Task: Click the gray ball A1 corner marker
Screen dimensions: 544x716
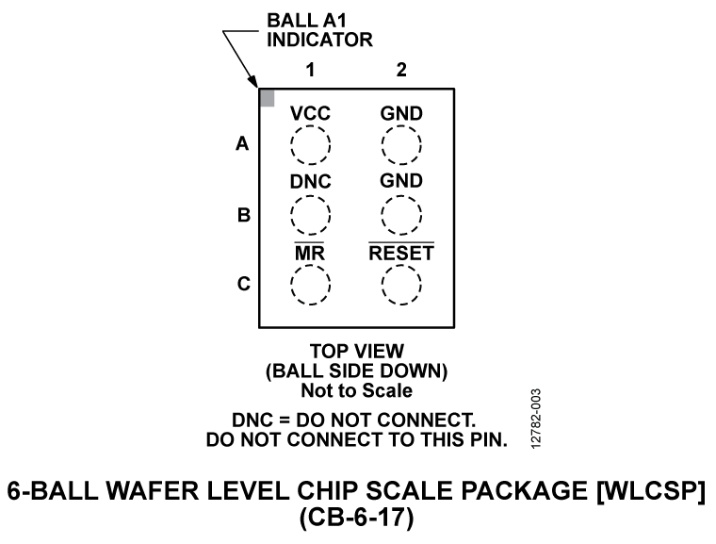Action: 268,97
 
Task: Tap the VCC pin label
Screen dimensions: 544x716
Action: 310,114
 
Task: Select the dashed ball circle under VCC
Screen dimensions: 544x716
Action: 310,146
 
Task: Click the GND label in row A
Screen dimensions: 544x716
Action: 401,114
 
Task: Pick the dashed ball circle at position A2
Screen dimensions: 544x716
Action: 401,146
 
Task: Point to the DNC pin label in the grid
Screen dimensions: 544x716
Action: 310,181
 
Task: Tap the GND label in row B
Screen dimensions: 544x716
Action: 401,181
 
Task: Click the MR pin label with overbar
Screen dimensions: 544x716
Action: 310,254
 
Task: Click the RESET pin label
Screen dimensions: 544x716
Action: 401,254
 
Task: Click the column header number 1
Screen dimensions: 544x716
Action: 310,70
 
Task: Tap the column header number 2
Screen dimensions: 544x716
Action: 401,70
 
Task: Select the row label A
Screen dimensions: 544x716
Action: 242,145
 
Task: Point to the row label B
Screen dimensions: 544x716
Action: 242,215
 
